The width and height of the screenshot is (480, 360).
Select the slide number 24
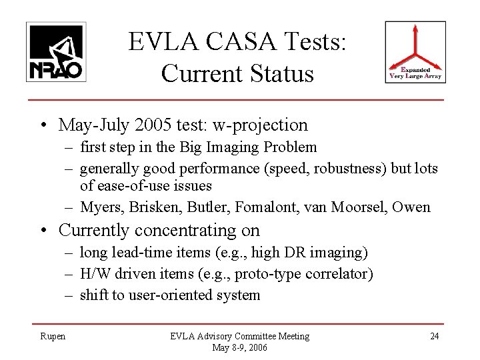pyautogui.click(x=434, y=337)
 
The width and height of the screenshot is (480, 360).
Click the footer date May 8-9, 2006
pyautogui.click(x=240, y=347)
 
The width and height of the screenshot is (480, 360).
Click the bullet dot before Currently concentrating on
pyautogui.click(x=43, y=231)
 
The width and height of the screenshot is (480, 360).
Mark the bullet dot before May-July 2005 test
pyautogui.click(x=43, y=125)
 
